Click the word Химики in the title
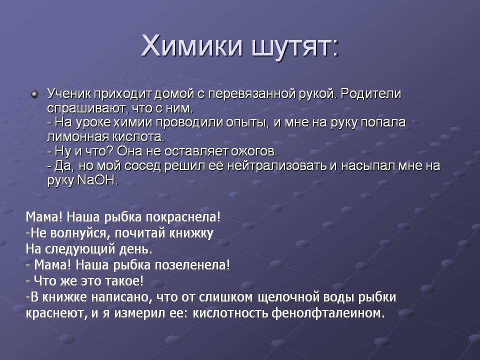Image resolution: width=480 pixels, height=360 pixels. point(191,46)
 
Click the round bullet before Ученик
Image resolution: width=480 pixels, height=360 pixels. point(35,94)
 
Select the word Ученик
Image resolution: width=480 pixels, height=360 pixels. point(69,93)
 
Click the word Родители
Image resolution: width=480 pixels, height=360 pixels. point(370,94)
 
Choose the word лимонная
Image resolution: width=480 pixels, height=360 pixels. point(78,137)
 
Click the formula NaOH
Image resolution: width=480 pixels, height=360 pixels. point(97,180)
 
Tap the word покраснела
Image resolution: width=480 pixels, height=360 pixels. point(183,217)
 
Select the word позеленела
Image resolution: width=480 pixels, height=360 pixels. point(192,265)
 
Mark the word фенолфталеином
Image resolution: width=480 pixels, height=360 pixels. point(328,313)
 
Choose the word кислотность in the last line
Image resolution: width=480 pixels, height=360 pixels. point(231,313)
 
